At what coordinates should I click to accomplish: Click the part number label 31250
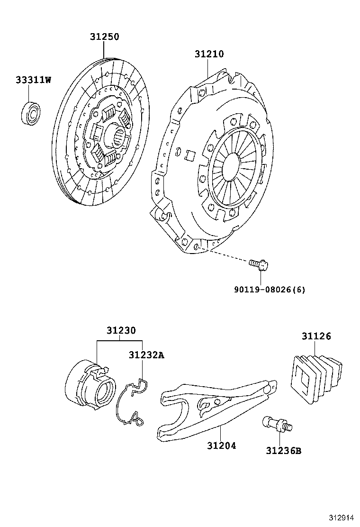[105, 36]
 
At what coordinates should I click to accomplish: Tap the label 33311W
[33, 80]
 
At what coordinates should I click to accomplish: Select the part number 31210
[208, 54]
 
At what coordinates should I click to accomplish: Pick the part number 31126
[316, 336]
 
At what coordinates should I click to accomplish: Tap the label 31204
[221, 445]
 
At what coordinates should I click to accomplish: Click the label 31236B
[283, 450]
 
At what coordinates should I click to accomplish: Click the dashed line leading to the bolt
[223, 254]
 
